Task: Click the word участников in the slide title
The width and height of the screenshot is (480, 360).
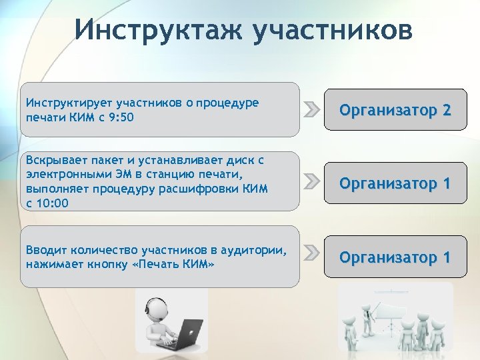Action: pos(333,30)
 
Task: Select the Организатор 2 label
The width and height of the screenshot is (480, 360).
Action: pos(395,110)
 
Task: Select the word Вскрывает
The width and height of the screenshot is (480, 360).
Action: pos(53,160)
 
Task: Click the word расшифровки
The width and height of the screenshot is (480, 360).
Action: pos(196,189)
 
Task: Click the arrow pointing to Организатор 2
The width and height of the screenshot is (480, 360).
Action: pos(311,109)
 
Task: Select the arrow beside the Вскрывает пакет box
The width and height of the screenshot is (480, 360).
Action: pos(311,181)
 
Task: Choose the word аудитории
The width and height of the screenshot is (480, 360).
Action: pos(256,250)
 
